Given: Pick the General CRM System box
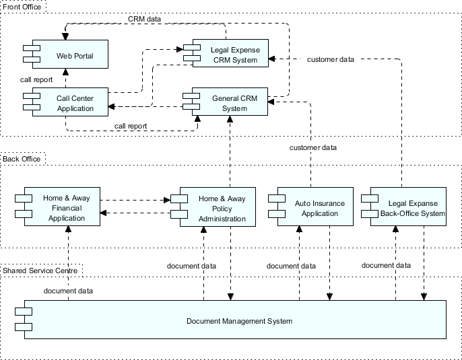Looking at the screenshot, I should pyautogui.click(x=229, y=103).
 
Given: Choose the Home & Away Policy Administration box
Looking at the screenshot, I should pyautogui.click(x=218, y=208).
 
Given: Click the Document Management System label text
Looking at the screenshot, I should pyautogui.click(x=239, y=321).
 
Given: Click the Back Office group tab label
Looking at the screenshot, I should pyautogui.click(x=22, y=159).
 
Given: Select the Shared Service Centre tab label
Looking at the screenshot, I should pyautogui.click(x=40, y=271).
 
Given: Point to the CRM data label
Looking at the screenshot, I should pyautogui.click(x=144, y=19).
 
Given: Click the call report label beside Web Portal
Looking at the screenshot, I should pyautogui.click(x=36, y=79).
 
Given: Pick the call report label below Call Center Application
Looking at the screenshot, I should pyautogui.click(x=131, y=126).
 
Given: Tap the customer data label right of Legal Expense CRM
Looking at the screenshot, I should pyautogui.click(x=330, y=59).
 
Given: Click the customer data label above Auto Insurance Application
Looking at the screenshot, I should pyautogui.click(x=312, y=147).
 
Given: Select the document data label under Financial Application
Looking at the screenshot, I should pyautogui.click(x=68, y=291).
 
